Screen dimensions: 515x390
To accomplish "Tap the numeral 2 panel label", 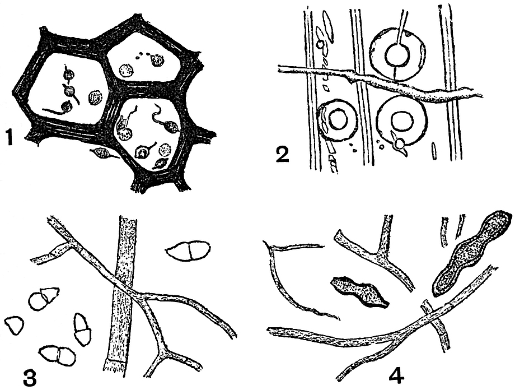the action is (283, 154).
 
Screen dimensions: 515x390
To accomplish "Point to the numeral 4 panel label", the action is (396, 376).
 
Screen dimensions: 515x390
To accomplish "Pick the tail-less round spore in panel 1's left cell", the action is (95, 97).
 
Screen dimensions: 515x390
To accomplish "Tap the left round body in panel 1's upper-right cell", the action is (126, 70).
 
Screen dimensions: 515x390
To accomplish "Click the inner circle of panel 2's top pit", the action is (397, 55).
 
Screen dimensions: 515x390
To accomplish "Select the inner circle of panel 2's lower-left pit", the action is (338, 119).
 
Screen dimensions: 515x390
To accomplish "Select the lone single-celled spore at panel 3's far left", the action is (15, 326).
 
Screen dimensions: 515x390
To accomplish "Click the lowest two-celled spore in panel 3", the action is (58, 355).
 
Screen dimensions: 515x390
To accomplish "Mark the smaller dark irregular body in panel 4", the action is (359, 292).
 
